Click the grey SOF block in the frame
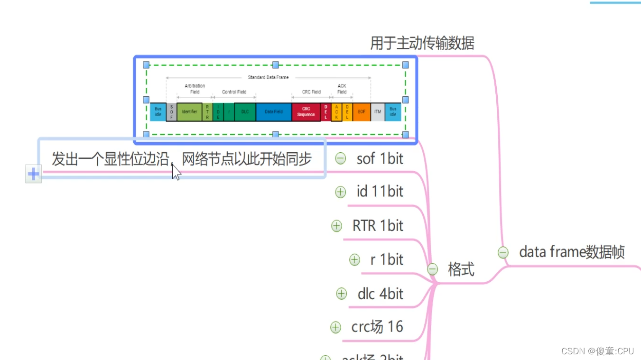(x=171, y=111)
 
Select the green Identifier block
(x=189, y=111)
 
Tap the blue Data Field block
(x=274, y=111)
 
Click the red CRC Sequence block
(x=306, y=111)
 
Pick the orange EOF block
(x=362, y=111)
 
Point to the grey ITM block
(x=378, y=111)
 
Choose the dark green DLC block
(x=245, y=111)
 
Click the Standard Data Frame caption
(x=268, y=77)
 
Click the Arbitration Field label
(x=195, y=89)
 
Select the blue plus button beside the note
(x=33, y=174)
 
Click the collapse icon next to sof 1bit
(x=341, y=158)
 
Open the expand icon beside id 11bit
(x=341, y=192)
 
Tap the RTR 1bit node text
(x=378, y=226)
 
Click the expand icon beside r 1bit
(x=354, y=260)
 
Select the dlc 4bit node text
(x=381, y=294)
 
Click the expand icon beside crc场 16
(x=335, y=327)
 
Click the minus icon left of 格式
(x=432, y=269)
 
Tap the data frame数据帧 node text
(x=572, y=252)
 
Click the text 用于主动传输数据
(x=422, y=44)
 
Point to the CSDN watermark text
(x=597, y=351)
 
